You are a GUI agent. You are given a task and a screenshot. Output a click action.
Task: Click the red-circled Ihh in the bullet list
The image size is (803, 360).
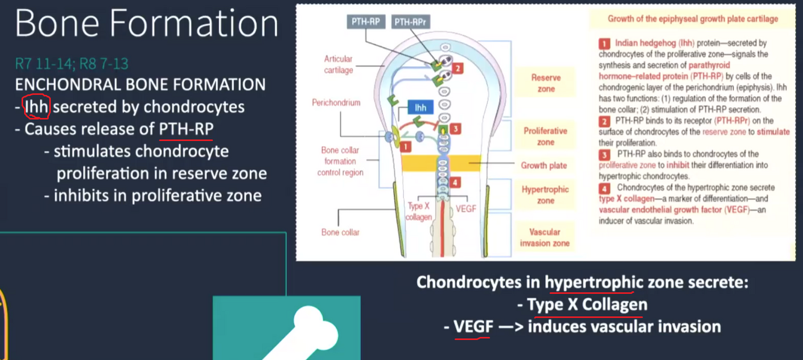tap(36, 107)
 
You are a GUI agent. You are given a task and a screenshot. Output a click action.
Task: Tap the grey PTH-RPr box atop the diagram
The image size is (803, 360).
tap(411, 22)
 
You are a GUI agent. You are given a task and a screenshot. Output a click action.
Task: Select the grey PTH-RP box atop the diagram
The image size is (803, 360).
tap(366, 22)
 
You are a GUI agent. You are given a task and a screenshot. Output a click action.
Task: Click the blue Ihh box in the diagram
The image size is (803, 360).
tap(420, 108)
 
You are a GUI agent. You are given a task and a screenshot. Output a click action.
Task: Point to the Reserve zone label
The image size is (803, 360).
tap(545, 83)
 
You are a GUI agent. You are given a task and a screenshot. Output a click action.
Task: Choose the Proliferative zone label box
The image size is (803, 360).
tap(545, 136)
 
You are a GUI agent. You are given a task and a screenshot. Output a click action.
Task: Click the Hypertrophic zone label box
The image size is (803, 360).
tap(545, 194)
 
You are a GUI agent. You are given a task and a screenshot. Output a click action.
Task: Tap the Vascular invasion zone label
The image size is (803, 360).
tap(544, 237)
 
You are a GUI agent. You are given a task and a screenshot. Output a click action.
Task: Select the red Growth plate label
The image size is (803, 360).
tap(545, 166)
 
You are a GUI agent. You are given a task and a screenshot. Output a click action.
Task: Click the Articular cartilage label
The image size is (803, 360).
tap(338, 64)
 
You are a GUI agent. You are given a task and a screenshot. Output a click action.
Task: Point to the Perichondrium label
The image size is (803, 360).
tap(336, 103)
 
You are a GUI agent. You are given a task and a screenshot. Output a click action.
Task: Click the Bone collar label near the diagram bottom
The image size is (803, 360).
tap(340, 232)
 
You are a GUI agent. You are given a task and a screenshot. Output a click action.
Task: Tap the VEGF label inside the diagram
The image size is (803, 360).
tap(466, 208)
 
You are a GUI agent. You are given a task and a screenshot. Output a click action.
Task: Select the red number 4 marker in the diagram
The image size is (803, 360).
tap(456, 182)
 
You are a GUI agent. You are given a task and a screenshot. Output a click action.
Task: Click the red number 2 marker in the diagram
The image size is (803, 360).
tap(457, 69)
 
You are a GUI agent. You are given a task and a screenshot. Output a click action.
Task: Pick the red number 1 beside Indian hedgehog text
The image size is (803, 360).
tap(604, 43)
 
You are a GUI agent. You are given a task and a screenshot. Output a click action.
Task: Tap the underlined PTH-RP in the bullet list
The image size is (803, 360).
tap(186, 129)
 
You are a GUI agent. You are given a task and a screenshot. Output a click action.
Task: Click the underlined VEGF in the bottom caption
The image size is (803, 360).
tap(473, 327)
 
